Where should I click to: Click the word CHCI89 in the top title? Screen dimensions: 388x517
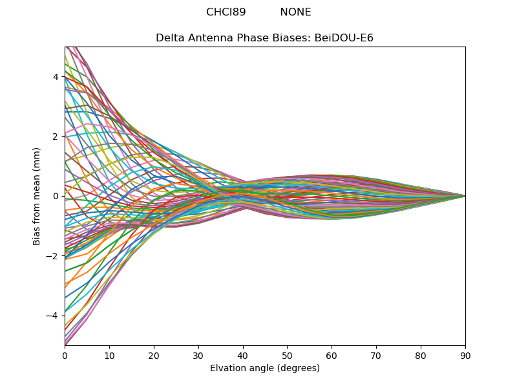(226, 12)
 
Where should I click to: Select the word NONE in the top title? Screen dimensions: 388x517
(295, 12)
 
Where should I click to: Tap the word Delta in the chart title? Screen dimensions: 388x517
(170, 38)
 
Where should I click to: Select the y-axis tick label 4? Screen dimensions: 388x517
(56, 77)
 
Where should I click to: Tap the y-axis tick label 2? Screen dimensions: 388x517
(56, 136)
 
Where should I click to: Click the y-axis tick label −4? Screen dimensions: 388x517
(53, 316)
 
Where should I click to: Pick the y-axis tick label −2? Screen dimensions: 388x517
(53, 256)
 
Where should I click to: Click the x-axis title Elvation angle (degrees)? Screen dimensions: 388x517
(265, 368)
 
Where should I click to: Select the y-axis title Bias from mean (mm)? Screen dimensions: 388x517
(37, 196)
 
